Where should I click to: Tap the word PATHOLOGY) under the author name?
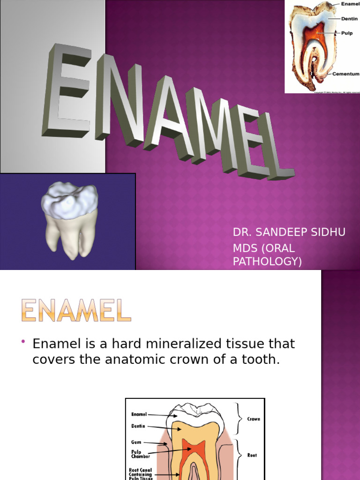click(268, 262)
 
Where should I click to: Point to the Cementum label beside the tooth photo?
click(346, 74)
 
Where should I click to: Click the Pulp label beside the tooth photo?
click(347, 34)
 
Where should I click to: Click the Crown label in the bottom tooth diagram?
click(253, 419)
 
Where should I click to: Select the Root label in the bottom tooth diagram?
click(251, 455)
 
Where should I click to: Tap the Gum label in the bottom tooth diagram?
click(136, 442)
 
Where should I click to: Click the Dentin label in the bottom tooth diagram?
click(138, 426)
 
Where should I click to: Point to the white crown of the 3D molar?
click(69, 200)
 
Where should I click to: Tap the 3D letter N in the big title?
click(120, 101)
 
